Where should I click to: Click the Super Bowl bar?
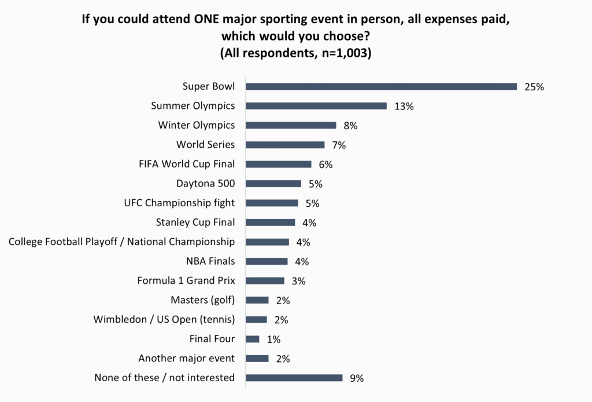381,87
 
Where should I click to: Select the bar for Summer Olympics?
316,106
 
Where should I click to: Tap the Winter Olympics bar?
291,125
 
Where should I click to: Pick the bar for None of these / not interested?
294,378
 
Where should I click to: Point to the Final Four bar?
253,339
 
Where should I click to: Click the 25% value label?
534,87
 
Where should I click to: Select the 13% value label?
404,107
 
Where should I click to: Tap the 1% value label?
273,339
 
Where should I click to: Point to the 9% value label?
357,378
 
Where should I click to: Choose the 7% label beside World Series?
339,145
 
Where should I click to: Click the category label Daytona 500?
205,184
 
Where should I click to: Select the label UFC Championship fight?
179,203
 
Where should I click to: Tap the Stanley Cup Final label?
195,222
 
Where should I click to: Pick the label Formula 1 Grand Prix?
186,281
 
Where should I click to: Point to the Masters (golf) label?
202,300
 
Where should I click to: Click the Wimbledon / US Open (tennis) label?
164,320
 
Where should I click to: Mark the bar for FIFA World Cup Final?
279,165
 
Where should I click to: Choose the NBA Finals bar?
267,261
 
